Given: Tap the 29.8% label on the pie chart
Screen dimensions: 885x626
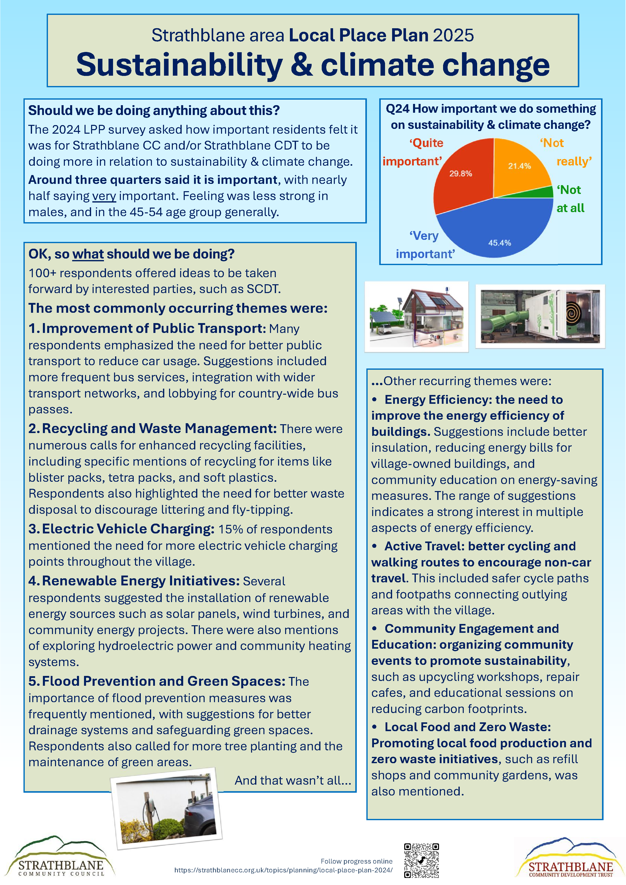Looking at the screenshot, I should click(460, 174).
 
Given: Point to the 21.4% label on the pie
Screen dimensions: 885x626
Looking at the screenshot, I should click(519, 166).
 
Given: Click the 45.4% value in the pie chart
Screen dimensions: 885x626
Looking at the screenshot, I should click(500, 243).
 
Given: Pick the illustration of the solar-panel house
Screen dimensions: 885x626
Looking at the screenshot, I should click(416, 317).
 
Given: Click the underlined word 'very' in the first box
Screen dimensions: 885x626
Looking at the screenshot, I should click(104, 196).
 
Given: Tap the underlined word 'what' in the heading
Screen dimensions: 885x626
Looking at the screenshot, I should click(88, 254).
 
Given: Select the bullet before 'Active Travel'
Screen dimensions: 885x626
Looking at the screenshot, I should click(374, 546).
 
